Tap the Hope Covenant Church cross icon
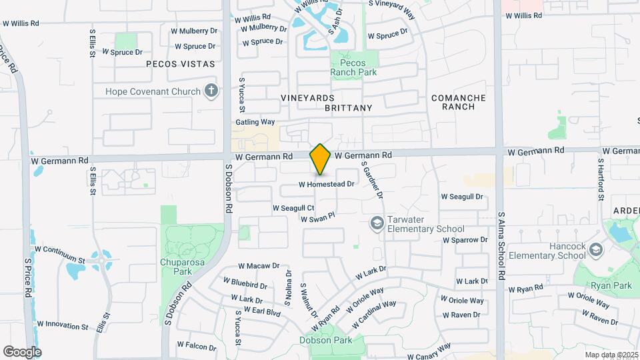(211, 90)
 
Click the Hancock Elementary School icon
(595, 250)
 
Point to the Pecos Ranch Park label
(353, 67)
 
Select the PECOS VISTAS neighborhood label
(181, 64)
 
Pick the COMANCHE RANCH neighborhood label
(459, 102)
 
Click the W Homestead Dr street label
(326, 184)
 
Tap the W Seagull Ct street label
(293, 209)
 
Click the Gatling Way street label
(255, 122)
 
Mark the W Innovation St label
(63, 326)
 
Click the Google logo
(22, 351)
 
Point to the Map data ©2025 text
(611, 355)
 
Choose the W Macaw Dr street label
(259, 265)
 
